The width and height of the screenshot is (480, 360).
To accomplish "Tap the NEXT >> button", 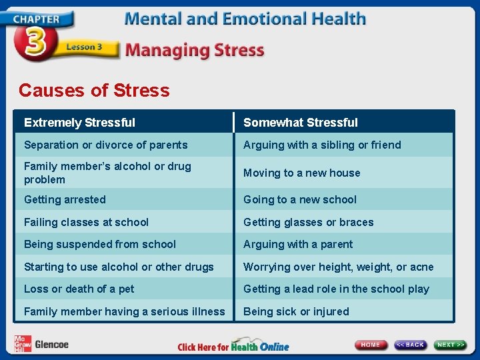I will (x=451, y=345).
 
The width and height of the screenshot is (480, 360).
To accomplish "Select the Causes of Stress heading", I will (x=94, y=90).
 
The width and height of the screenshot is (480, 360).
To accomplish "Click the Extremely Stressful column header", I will (x=79, y=123).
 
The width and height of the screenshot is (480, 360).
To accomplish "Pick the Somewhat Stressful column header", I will (x=300, y=123).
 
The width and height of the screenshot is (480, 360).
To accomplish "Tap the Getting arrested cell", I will (x=65, y=199).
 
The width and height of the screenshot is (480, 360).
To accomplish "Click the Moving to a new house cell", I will (x=301, y=173).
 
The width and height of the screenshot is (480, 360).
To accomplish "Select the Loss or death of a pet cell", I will (x=79, y=289).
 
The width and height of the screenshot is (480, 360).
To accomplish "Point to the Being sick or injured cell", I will (x=296, y=311).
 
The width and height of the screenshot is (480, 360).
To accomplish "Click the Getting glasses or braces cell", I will (x=308, y=222).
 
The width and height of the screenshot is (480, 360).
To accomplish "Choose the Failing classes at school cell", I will (x=86, y=222).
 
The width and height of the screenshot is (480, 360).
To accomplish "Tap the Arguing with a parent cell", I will (x=298, y=244).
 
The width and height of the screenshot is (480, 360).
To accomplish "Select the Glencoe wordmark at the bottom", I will (x=51, y=345).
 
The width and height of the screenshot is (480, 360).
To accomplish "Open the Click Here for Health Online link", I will (x=233, y=347).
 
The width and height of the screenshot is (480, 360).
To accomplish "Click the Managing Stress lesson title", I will (x=195, y=50).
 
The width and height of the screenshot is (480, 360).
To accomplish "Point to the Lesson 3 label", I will (x=84, y=47).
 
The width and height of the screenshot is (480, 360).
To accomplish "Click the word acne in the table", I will (x=421, y=267).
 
